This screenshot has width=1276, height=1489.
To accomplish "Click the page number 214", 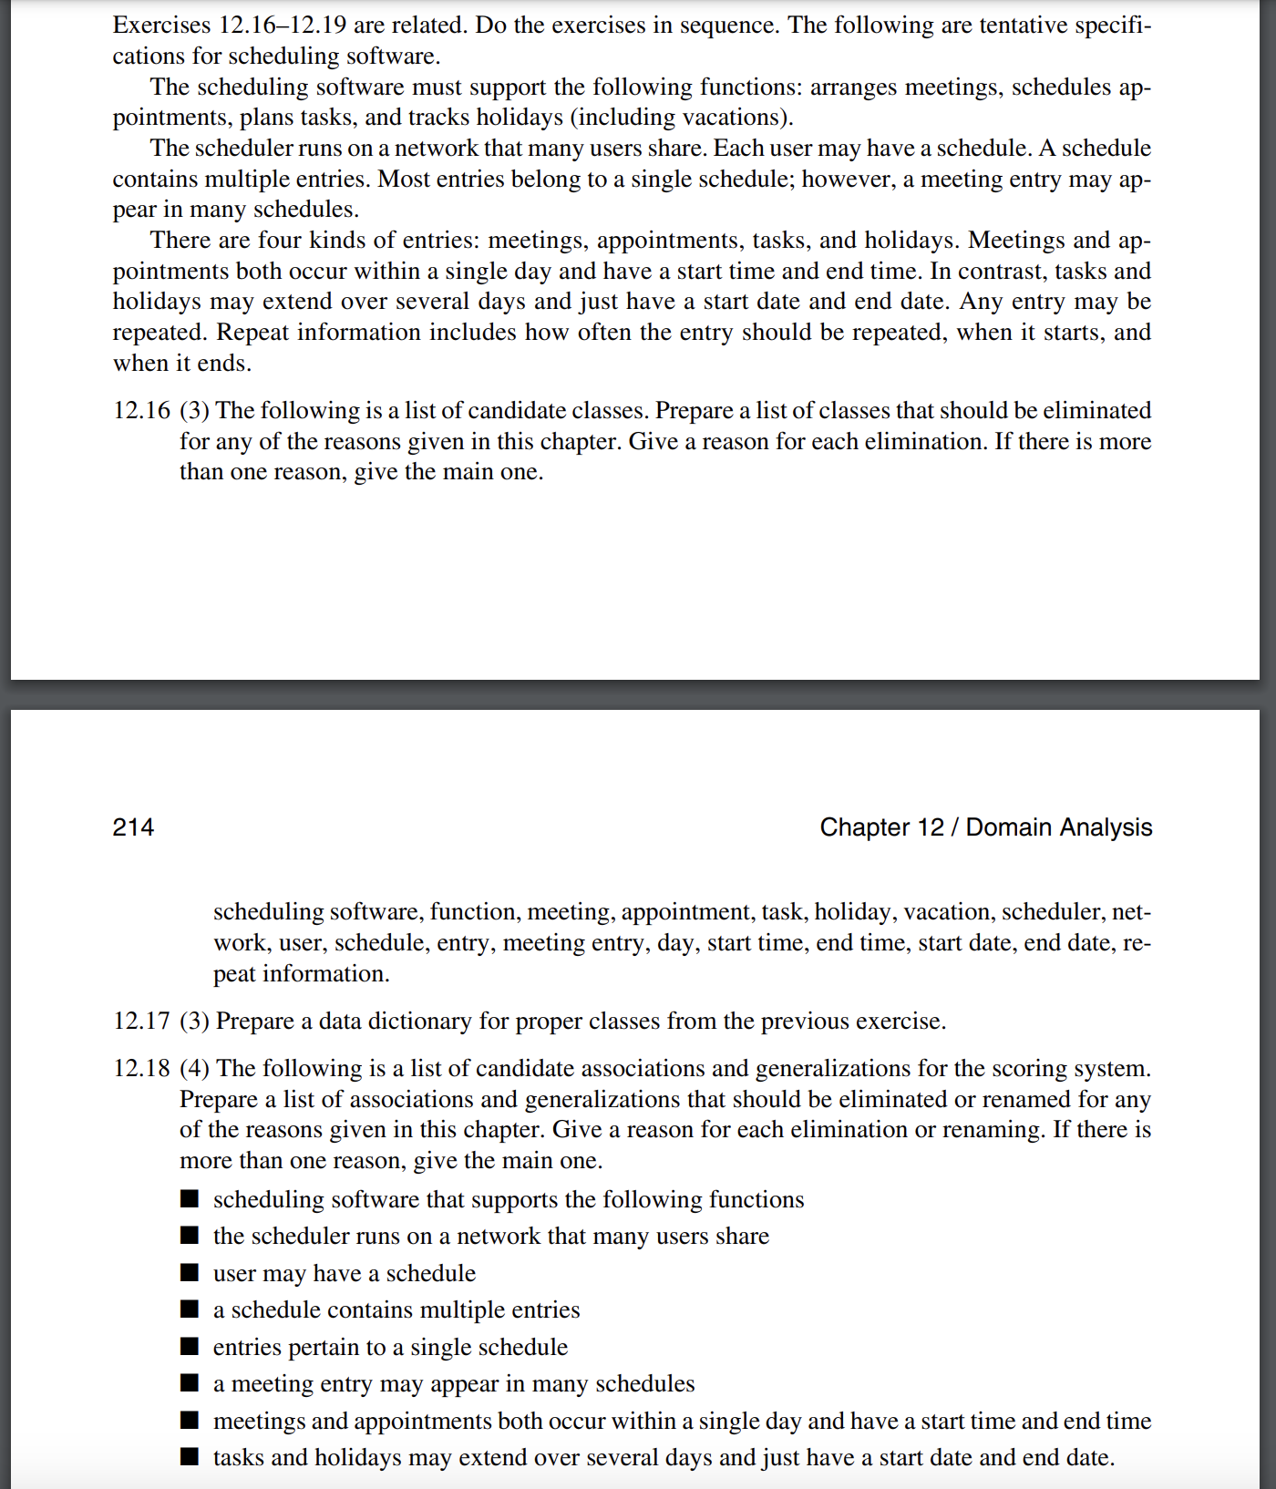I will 133,827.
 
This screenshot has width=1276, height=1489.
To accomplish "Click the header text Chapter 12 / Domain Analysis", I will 985,827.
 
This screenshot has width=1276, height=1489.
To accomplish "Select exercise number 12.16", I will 141,411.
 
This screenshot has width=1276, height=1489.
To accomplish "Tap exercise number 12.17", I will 141,1022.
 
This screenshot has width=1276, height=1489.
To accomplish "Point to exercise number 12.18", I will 141,1069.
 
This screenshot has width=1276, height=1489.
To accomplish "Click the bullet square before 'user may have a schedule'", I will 190,1272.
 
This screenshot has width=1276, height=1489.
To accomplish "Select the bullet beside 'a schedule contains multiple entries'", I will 190,1309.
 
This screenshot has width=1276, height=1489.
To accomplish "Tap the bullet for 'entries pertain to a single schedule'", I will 190,1346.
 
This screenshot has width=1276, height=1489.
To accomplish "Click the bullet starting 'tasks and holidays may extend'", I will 190,1456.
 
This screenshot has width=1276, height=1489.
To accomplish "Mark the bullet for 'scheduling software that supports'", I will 190,1198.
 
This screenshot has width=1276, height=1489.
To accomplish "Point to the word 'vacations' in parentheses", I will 736,118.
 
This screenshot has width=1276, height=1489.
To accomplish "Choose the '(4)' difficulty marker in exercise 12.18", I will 194,1069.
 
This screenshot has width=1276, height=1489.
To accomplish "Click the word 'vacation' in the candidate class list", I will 946,912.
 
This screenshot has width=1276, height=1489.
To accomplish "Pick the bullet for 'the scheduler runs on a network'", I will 190,1236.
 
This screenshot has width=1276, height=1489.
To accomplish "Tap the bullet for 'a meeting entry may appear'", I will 190,1383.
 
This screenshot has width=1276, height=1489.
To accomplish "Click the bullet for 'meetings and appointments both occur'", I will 190,1420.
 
